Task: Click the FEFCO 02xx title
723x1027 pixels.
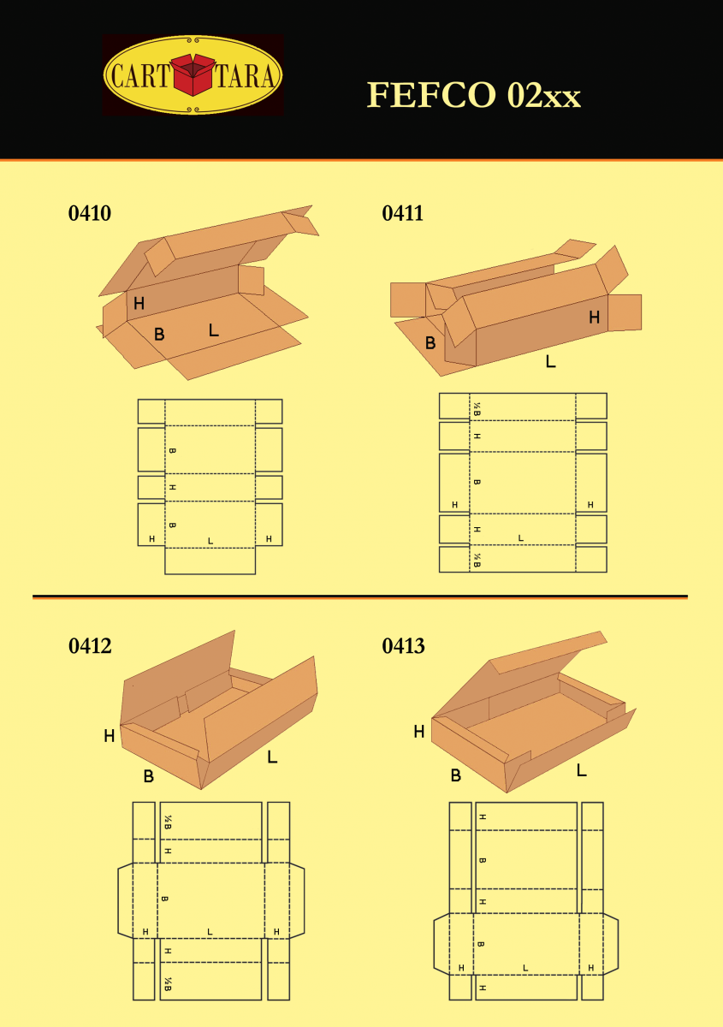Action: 474,95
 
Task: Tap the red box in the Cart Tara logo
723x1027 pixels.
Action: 193,74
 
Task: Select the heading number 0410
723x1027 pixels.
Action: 89,213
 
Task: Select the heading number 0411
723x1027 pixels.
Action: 402,213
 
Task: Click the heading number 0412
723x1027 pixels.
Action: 90,646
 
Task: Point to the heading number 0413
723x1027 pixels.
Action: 404,646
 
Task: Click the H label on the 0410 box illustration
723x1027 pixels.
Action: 139,303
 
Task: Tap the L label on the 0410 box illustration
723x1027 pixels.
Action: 214,329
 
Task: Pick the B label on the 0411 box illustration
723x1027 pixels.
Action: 430,343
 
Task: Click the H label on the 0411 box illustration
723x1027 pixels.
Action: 594,317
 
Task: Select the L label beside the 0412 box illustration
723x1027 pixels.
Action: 272,757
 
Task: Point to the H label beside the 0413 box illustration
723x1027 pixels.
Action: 419,731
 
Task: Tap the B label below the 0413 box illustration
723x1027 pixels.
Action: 456,775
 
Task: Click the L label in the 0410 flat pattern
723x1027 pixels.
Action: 210,541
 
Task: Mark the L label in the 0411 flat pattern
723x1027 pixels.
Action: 520,537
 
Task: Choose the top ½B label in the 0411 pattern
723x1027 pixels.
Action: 477,409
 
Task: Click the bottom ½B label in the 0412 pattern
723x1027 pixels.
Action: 168,984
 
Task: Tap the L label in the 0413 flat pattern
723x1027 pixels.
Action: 525,968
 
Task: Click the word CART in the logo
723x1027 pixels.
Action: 140,75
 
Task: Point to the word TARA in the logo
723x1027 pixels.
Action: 246,75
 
